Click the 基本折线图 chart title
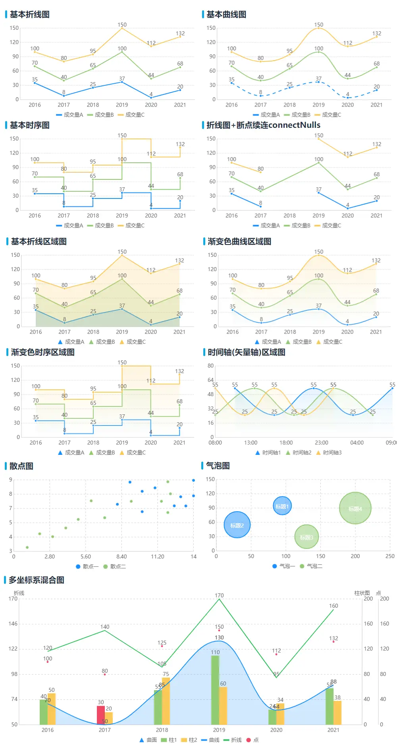coord(30,15)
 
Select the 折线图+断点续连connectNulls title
coord(263,125)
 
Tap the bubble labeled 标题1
coord(282,506)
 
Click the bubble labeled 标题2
coord(237,525)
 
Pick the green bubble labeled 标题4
coord(355,508)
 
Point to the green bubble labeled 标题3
coord(306,537)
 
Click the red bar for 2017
coord(101,714)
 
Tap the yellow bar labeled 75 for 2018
coord(166,701)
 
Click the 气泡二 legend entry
coord(311,566)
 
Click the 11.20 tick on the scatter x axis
coord(158,557)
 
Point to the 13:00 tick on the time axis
coord(251,443)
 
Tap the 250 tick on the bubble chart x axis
coord(390,556)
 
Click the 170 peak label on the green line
coord(219,595)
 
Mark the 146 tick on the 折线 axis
coord(13,624)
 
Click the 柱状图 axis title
coord(362,593)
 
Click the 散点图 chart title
coord(21,466)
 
